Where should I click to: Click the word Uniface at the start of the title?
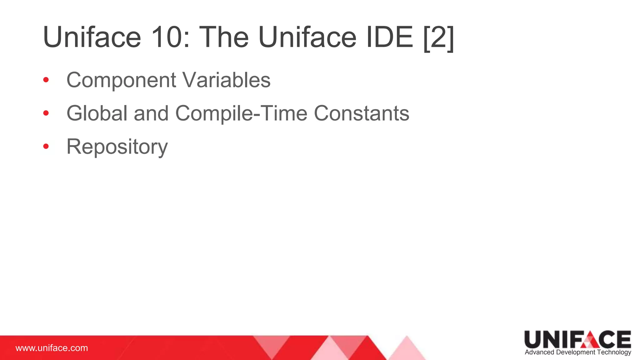click(x=92, y=37)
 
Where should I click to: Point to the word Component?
click(x=121, y=81)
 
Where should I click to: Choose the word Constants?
click(x=361, y=113)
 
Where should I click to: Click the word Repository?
click(x=117, y=147)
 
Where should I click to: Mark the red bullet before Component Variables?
click(x=46, y=80)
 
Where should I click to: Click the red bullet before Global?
click(x=46, y=113)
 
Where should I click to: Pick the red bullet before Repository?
click(x=46, y=146)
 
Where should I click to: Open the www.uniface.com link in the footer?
click(x=52, y=348)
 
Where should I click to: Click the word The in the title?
click(x=224, y=37)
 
